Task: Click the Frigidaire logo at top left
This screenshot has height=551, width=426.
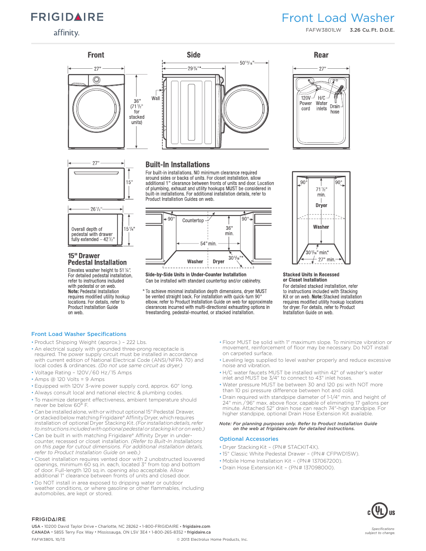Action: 67,17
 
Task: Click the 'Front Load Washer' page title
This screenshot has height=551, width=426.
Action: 338,18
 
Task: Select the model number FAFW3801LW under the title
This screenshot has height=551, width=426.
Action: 323,30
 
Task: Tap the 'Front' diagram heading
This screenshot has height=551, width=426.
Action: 96,55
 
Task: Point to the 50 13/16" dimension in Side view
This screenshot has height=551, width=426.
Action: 247,63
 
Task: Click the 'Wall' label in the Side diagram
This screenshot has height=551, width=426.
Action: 155,98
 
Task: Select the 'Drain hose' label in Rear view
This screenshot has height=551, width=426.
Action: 335,109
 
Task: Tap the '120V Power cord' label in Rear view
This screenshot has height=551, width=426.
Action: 306,103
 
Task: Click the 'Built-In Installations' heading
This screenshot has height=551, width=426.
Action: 177,165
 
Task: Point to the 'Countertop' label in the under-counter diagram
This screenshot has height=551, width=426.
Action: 193,220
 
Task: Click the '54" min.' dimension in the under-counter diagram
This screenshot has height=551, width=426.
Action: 208,244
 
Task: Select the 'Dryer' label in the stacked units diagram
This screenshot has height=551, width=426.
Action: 322,206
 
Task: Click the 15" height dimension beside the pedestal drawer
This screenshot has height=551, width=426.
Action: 129,182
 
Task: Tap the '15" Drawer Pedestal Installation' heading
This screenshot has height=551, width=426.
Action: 97,259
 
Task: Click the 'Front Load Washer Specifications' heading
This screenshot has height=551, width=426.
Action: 79,334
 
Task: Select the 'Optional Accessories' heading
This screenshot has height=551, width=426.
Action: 249,439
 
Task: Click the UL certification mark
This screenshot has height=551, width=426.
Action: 380,511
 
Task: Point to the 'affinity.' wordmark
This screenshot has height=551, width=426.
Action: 67,33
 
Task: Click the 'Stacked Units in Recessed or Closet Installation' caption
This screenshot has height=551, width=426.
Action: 311,277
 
